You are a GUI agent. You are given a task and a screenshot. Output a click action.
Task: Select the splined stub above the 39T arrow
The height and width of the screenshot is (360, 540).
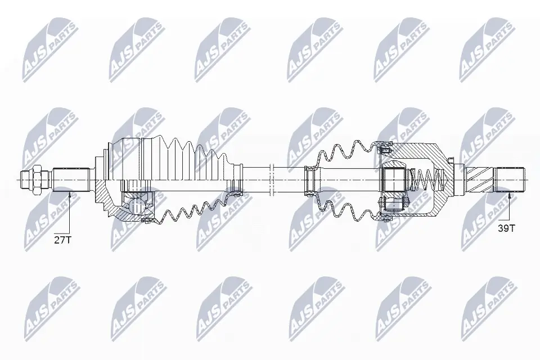(x=509, y=179)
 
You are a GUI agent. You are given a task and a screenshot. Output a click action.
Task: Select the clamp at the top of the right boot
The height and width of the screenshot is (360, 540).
(x=386, y=148)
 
